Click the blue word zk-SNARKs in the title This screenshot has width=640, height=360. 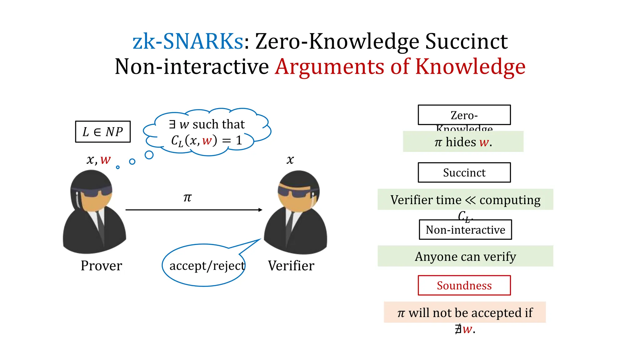coord(187,41)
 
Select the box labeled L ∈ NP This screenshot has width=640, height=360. coord(103,132)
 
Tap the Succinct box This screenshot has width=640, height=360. coord(464,172)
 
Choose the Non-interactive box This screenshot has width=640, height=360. coord(465,230)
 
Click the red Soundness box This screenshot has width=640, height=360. coord(464,285)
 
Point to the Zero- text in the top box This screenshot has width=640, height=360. coord(464,115)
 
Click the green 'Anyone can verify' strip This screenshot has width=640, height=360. coord(465,256)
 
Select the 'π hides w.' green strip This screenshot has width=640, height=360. coord(463,142)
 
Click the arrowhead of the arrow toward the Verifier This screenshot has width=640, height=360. coord(260,210)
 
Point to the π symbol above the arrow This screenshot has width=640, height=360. coord(187,197)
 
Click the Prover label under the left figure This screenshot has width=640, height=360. coord(101,266)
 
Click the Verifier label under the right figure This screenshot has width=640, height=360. coord(291,266)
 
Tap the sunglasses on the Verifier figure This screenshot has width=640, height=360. coord(295,192)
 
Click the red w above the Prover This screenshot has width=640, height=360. coord(105,160)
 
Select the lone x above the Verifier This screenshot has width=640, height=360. coord(290,160)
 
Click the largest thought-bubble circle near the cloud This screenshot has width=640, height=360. coord(149,155)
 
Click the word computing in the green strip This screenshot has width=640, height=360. coord(510,200)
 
